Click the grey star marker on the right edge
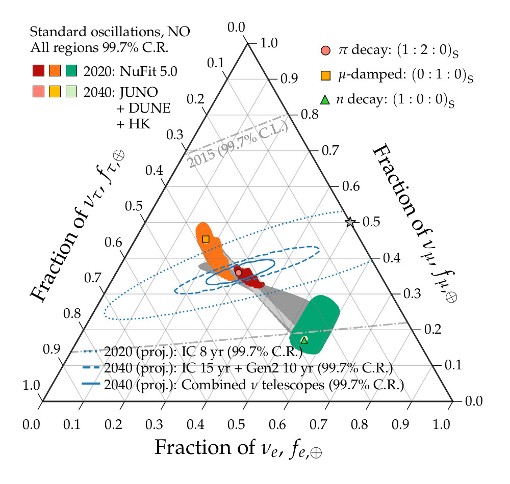point(350,222)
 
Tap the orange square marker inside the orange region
point(206,239)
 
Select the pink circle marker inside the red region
point(239,273)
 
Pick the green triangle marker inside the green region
point(304,340)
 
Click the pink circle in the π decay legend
point(325,50)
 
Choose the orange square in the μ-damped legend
point(325,75)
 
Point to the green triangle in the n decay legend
point(325,99)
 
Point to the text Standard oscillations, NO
point(110,32)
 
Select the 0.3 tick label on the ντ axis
point(176,135)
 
